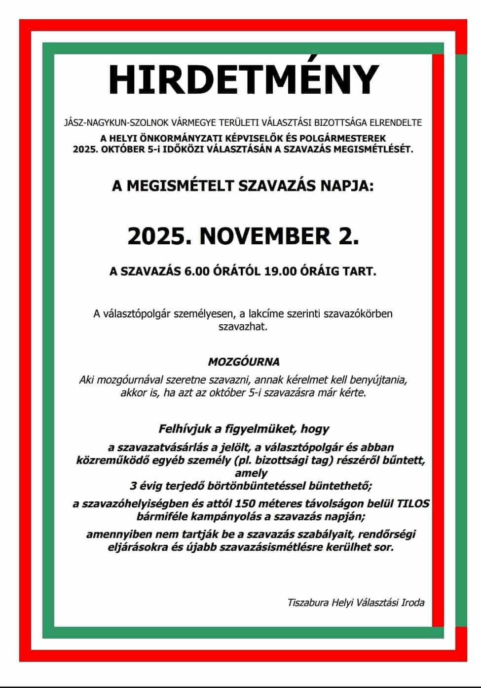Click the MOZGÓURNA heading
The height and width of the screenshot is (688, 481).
(x=243, y=362)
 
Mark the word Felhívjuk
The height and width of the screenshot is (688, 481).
(x=184, y=428)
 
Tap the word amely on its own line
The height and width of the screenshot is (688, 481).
(x=255, y=473)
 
